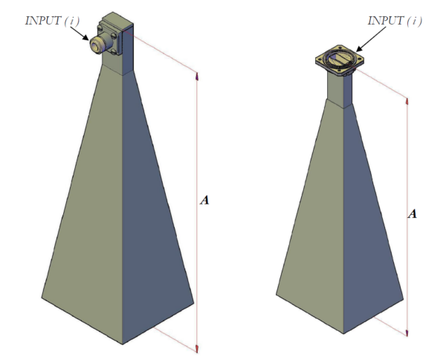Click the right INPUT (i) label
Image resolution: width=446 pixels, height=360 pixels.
tap(394, 20)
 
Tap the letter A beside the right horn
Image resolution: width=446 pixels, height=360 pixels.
tap(413, 213)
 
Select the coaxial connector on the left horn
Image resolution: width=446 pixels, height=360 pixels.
tap(100, 43)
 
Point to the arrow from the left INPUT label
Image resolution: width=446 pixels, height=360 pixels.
tap(79, 33)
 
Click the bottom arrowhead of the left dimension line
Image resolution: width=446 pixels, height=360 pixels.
tap(197, 348)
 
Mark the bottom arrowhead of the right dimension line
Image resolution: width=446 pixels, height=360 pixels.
tap(407, 332)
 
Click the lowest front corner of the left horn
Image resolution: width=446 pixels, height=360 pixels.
tap(121, 344)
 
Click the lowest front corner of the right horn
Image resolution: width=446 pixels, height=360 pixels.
tap(344, 332)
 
